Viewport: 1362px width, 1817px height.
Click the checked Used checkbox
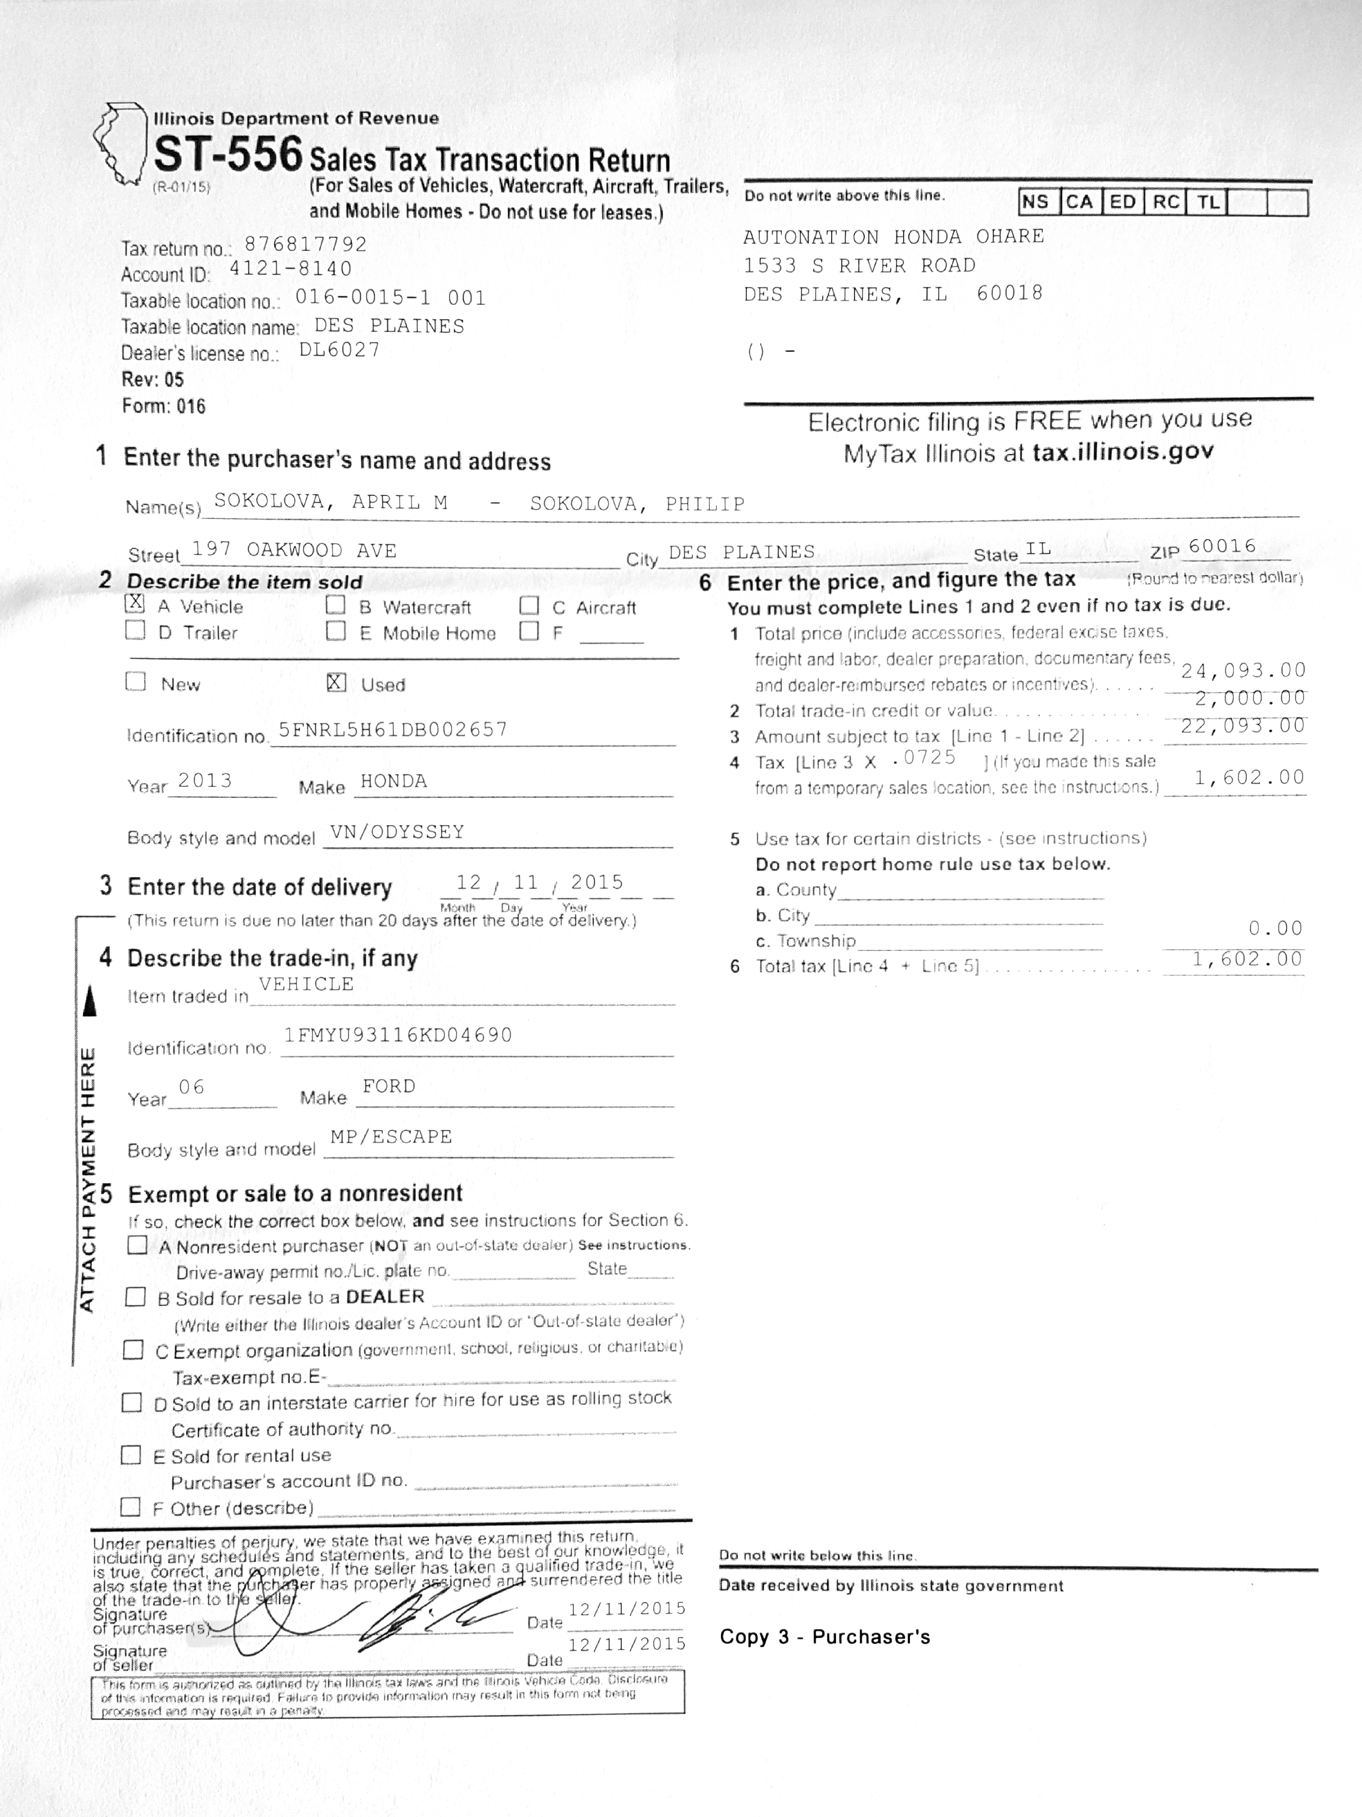(336, 683)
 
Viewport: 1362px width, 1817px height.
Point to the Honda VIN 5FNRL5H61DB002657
(393, 729)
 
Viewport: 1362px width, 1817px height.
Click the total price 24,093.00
(1243, 671)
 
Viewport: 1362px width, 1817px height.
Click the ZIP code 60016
(1222, 546)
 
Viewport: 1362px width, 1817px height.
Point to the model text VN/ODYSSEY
(397, 832)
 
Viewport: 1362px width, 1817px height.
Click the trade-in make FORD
(388, 1086)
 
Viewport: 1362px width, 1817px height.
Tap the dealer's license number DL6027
(339, 350)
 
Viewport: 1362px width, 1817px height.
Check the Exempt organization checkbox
(133, 1350)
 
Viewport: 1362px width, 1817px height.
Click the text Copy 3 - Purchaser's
(825, 1636)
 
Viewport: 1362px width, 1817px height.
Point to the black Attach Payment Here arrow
(90, 1001)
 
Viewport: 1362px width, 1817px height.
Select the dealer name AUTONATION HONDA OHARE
(893, 237)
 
